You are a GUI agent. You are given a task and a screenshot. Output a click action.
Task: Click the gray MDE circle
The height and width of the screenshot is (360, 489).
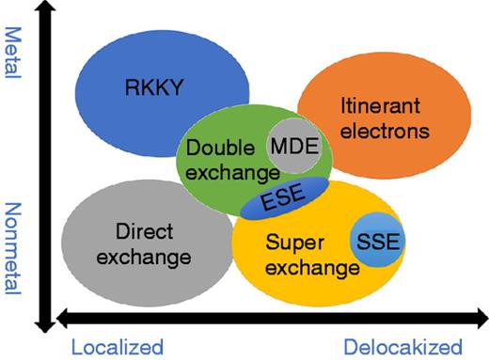293,147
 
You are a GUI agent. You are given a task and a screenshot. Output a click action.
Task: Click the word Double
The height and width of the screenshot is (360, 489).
223,149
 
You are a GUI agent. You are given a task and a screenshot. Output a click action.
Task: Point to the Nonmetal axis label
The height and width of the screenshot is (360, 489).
13,246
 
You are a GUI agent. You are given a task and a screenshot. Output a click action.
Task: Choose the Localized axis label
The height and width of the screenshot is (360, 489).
116,346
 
